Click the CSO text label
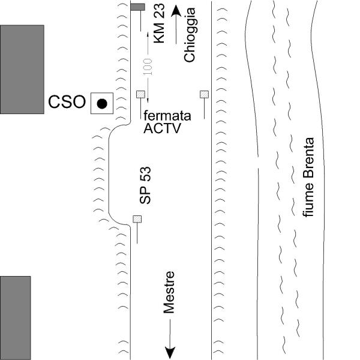pos(67,102)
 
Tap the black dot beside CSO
pos(102,104)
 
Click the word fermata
pos(167,116)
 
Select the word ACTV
pos(162,128)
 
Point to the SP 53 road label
pos(145,185)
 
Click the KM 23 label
pos(159,23)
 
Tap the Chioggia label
pos(190,35)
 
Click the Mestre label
pos(169,292)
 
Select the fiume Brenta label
pos(308,177)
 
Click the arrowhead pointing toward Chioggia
pos(176,11)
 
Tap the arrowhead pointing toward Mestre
pos(170,352)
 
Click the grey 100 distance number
pos(148,67)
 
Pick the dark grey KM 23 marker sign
pos(138,7)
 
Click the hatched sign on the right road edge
pos(204,94)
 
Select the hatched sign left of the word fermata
pos(140,94)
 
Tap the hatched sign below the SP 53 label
pos(137,219)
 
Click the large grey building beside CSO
pos(22,70)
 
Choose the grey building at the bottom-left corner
pos(15,318)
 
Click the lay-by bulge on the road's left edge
pos(109,175)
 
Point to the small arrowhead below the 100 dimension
pos(148,101)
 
